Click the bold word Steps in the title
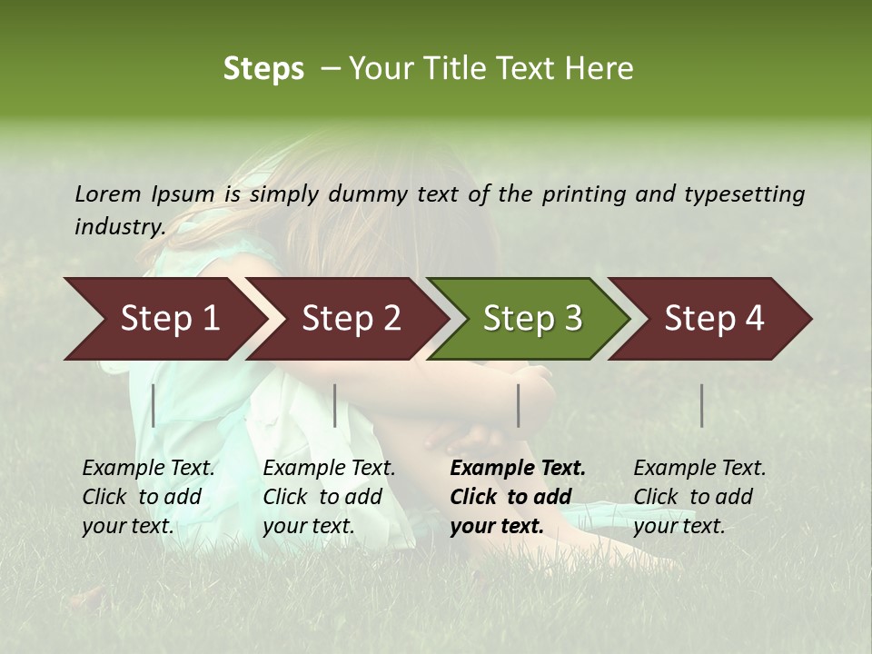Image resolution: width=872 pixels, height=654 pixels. [263, 69]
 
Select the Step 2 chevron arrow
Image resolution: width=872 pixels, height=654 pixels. [350, 319]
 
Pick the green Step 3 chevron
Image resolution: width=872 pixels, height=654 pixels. [531, 319]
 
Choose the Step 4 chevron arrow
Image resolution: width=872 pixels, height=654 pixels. [713, 319]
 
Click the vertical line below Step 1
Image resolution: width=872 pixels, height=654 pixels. [154, 405]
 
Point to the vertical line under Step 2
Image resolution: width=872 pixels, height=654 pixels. [335, 405]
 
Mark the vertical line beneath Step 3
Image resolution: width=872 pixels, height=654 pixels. [519, 405]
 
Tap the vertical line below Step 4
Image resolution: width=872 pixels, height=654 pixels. [702, 405]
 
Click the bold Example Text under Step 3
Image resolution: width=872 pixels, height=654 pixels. [518, 469]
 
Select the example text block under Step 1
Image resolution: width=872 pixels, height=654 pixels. [148, 497]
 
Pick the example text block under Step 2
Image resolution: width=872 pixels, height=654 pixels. [329, 497]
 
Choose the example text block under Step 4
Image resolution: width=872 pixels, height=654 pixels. [699, 497]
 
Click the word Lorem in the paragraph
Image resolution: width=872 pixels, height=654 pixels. [108, 194]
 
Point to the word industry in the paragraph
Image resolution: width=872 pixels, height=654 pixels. [120, 227]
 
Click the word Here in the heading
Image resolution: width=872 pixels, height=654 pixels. [602, 69]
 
